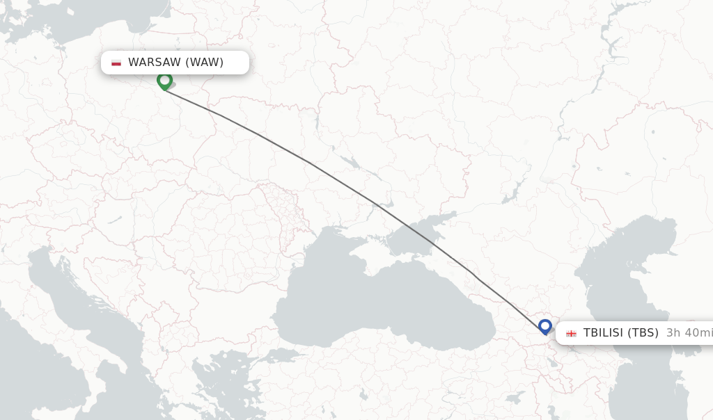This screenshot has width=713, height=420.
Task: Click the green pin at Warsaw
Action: tap(164, 81)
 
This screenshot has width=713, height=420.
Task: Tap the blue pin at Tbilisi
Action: tap(544, 325)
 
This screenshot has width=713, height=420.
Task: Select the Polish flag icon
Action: tap(116, 63)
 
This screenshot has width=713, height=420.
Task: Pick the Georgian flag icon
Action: tap(571, 333)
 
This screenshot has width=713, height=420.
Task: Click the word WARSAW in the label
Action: tap(155, 63)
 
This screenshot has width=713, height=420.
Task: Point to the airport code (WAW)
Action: tap(205, 63)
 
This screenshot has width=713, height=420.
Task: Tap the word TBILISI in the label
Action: tap(603, 332)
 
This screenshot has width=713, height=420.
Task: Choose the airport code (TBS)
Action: tap(643, 332)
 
